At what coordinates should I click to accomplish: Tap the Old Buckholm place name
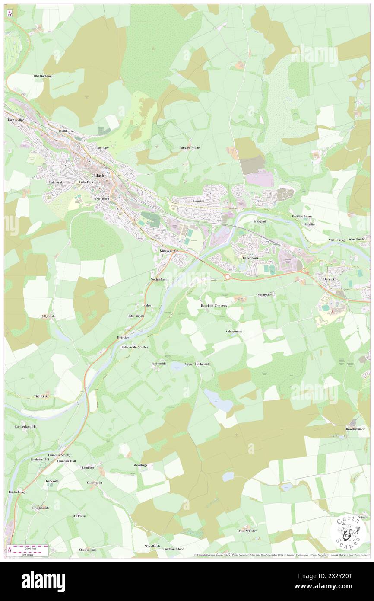click(44, 76)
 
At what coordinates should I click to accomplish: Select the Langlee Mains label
click(190, 147)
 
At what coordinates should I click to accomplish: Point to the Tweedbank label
click(250, 258)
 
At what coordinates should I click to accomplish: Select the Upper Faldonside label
click(197, 364)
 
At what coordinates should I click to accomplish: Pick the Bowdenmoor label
click(355, 429)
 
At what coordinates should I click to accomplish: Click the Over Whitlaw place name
click(247, 531)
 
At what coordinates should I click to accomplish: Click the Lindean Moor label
click(173, 549)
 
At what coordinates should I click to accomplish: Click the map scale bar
click(30, 550)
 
